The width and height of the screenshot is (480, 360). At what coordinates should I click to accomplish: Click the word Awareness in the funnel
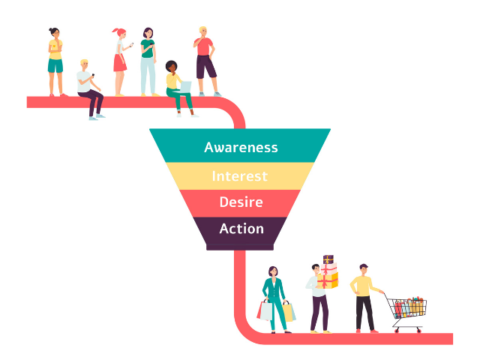[241, 147]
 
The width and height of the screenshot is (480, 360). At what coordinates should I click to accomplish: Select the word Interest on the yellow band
[239, 177]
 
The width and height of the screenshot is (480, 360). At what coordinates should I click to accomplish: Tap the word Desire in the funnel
[241, 202]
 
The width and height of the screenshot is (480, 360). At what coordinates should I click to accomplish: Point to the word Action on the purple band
[241, 229]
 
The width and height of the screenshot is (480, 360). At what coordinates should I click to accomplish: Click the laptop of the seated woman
[185, 87]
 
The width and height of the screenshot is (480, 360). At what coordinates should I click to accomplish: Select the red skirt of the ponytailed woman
[120, 63]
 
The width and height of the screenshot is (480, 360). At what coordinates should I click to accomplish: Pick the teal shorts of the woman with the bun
[55, 65]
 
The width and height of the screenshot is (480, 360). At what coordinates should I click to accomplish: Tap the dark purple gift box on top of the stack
[328, 259]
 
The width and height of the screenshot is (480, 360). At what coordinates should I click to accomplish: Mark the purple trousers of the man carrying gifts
[319, 312]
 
